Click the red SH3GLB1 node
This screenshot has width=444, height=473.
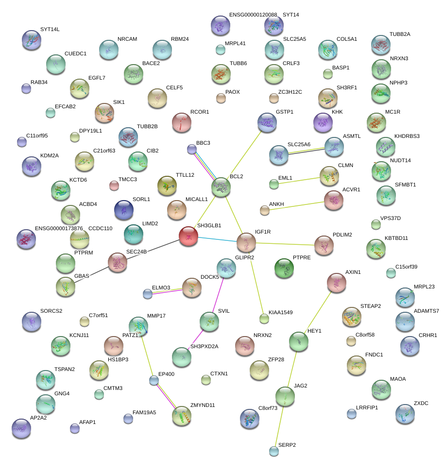[x=188, y=236]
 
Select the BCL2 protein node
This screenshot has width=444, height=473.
[x=221, y=187]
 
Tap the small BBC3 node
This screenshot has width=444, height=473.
[x=192, y=149]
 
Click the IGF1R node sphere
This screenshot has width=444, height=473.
[x=246, y=242]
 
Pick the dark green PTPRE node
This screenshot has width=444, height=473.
[x=284, y=268]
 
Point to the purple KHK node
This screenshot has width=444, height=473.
[x=323, y=122]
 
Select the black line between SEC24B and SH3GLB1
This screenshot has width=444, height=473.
[x=153, y=249]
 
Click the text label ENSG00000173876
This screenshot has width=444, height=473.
[x=59, y=228]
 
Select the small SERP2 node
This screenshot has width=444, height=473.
[x=274, y=452]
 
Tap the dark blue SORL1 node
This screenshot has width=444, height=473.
[x=124, y=209]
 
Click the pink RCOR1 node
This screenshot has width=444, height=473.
[x=181, y=122]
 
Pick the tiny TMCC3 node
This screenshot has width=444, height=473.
[x=114, y=185]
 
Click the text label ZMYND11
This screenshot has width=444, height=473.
[x=203, y=405]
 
